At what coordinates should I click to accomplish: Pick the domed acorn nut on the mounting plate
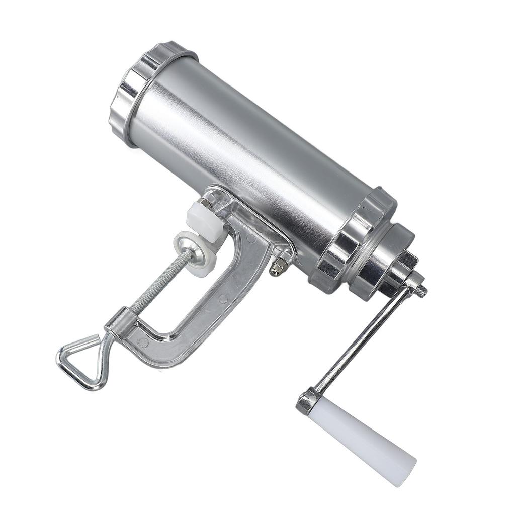tap(276, 269)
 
